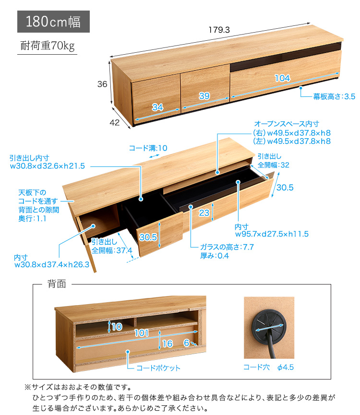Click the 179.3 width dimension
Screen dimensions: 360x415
(x=219, y=30)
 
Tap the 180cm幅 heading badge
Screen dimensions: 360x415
(x=53, y=22)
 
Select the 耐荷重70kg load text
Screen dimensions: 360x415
(x=48, y=46)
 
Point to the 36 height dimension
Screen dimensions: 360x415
(x=102, y=84)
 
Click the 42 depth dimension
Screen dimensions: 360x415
(x=114, y=122)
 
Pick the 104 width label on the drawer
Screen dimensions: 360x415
(x=282, y=78)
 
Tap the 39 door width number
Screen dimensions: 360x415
(x=204, y=96)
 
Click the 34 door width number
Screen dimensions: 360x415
(x=157, y=107)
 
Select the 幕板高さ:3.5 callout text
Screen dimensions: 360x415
(x=334, y=96)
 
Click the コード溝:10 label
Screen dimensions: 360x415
(x=148, y=148)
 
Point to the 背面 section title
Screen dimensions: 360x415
(x=57, y=284)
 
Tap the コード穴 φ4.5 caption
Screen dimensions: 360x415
(x=268, y=367)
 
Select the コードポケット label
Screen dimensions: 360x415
(x=158, y=368)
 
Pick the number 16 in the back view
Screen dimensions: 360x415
(x=168, y=344)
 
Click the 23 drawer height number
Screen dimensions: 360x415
(x=204, y=213)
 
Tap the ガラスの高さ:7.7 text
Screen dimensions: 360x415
(x=227, y=247)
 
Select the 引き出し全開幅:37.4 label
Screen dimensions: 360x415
(x=112, y=246)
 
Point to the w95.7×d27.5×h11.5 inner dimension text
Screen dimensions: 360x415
(x=272, y=234)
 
